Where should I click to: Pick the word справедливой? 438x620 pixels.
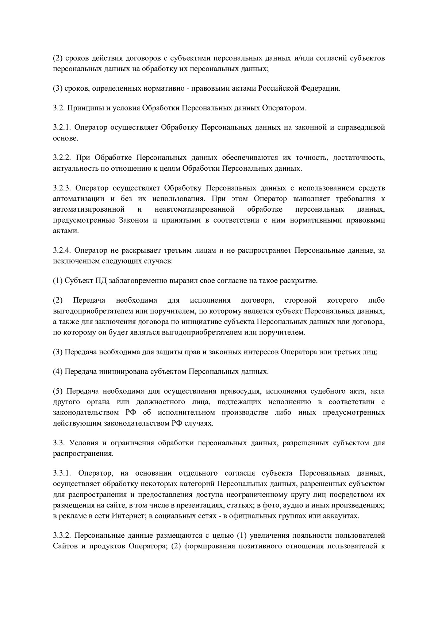click(x=361, y=128)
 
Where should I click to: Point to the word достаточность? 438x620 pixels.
click(x=354, y=158)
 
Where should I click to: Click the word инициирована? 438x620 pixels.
click(x=123, y=371)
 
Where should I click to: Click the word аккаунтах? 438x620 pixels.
click(x=341, y=516)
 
